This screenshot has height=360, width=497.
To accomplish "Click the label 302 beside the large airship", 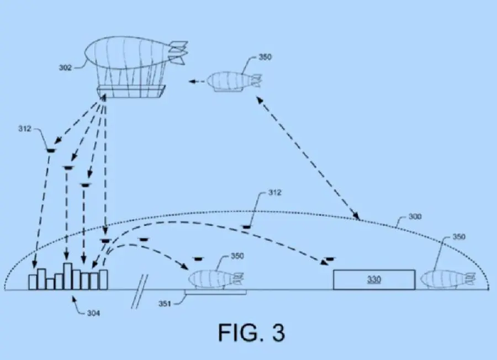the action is (x=65, y=67).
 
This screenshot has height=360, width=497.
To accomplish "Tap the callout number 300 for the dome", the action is (x=415, y=216).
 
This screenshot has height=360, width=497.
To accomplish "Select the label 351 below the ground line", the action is (x=165, y=304).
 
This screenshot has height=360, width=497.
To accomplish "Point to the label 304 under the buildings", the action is (x=93, y=313).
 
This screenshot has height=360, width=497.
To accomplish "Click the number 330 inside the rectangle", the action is (x=374, y=279).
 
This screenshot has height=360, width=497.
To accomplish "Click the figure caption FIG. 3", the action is (x=252, y=332).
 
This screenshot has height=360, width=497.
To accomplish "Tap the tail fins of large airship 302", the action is (x=178, y=52).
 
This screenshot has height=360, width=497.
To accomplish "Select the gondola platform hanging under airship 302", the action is (x=131, y=91).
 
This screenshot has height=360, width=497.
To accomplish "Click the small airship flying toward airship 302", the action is (x=235, y=82).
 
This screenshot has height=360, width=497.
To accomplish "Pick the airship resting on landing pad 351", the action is (x=216, y=279).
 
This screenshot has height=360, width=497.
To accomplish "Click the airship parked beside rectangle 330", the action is (x=448, y=279).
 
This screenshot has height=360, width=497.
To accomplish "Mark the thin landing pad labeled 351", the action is (x=215, y=292).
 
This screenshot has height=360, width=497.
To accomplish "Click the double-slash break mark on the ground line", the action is (x=140, y=292).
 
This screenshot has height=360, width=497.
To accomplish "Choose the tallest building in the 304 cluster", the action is (x=67, y=276).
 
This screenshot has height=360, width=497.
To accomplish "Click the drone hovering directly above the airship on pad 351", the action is (x=198, y=259).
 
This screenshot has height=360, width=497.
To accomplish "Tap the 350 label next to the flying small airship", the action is (x=265, y=57).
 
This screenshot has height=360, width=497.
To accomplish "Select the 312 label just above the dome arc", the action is (x=274, y=192).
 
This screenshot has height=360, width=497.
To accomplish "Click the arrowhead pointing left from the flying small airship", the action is (x=192, y=82).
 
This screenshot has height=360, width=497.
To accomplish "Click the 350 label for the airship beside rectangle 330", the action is (x=459, y=237).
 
